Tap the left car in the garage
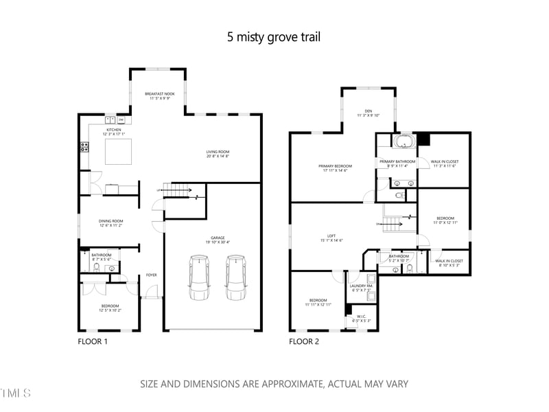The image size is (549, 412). coord(199,277)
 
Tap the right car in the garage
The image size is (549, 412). coord(235,277)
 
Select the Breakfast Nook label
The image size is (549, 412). coord(158,95)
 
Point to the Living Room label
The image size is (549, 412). coord(218,152)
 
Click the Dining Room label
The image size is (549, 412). coord(110,220)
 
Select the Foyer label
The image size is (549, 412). coord(151,275)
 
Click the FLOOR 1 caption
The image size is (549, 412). coord(92,341)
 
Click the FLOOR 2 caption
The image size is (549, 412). coord(303,341)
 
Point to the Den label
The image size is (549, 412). coord(367,113)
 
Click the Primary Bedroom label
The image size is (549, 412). coord(335,168)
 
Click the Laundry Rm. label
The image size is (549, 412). coord(361,288)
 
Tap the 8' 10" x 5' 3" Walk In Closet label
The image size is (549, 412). coord(449,262)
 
